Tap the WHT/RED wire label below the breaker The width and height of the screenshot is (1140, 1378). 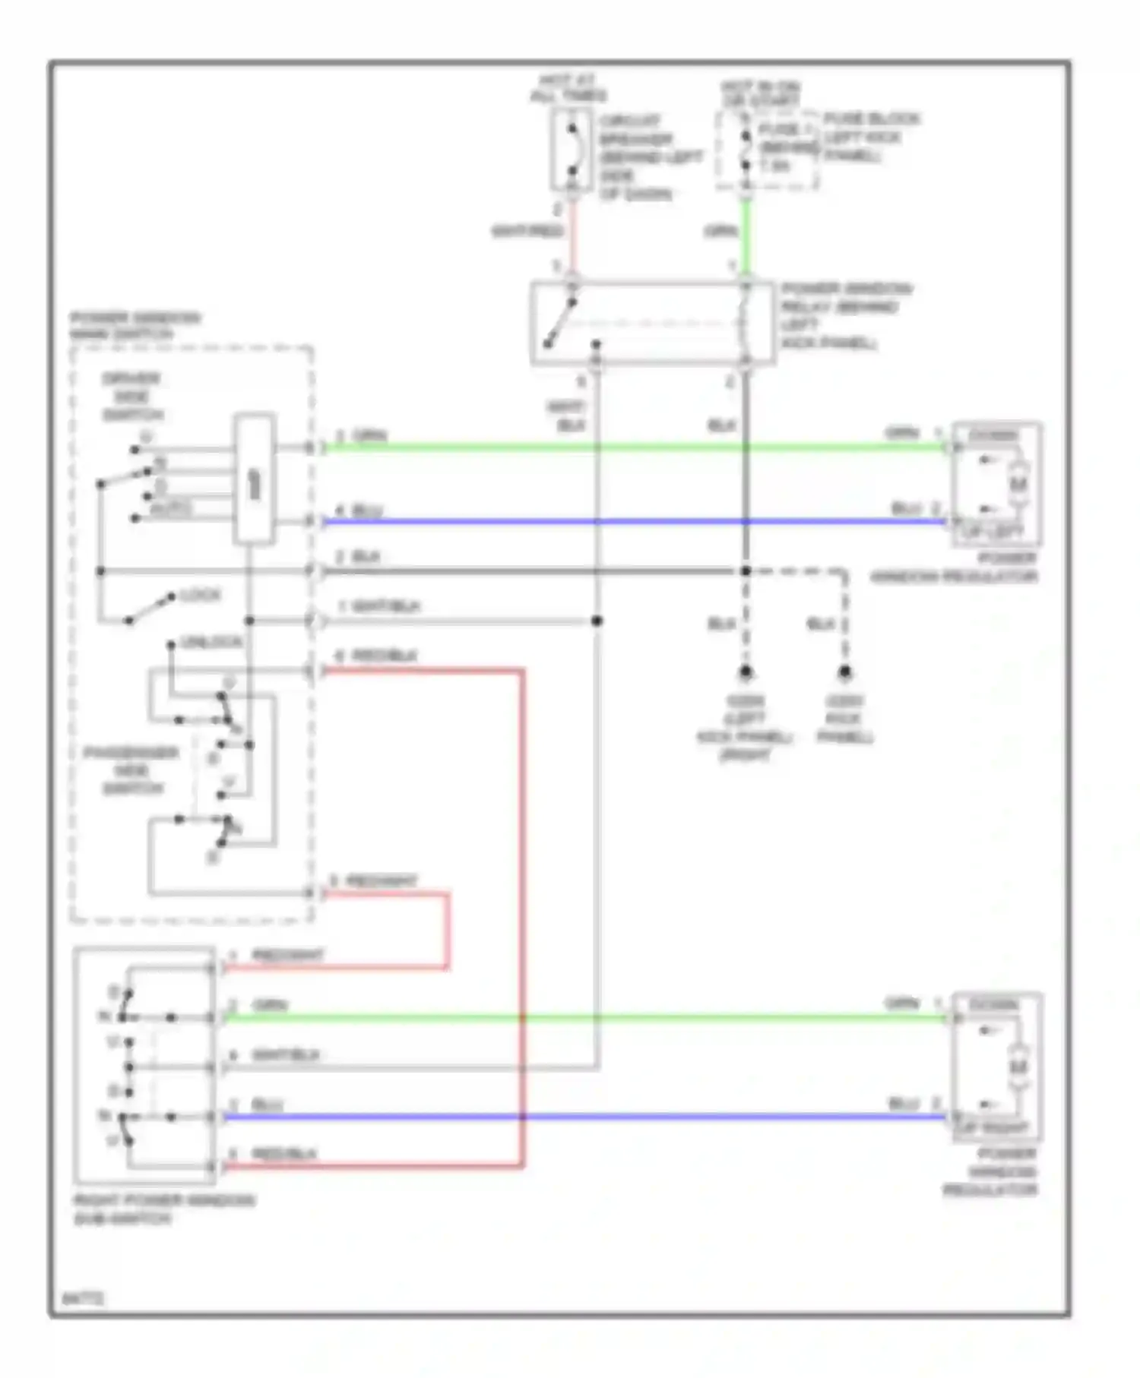click(x=527, y=230)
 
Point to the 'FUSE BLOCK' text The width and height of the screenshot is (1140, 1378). click(x=871, y=119)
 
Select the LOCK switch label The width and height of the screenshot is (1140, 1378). click(x=201, y=595)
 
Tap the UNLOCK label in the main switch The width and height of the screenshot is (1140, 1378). click(x=211, y=643)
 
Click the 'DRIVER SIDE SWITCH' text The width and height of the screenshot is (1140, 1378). click(x=132, y=397)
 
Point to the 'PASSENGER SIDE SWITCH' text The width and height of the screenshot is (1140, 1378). click(x=131, y=770)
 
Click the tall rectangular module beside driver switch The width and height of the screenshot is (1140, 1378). click(x=254, y=479)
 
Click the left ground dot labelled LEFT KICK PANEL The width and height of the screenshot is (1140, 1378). click(x=746, y=672)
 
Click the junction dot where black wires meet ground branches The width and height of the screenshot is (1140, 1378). click(x=746, y=571)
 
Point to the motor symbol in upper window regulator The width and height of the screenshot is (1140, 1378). click(x=1019, y=483)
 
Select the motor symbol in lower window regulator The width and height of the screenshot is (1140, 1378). click(x=1019, y=1067)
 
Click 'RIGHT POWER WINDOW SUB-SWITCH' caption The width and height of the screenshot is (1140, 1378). click(x=163, y=1209)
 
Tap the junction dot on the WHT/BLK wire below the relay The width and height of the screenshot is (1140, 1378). click(x=597, y=621)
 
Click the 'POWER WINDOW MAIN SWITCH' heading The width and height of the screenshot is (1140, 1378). click(x=135, y=326)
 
